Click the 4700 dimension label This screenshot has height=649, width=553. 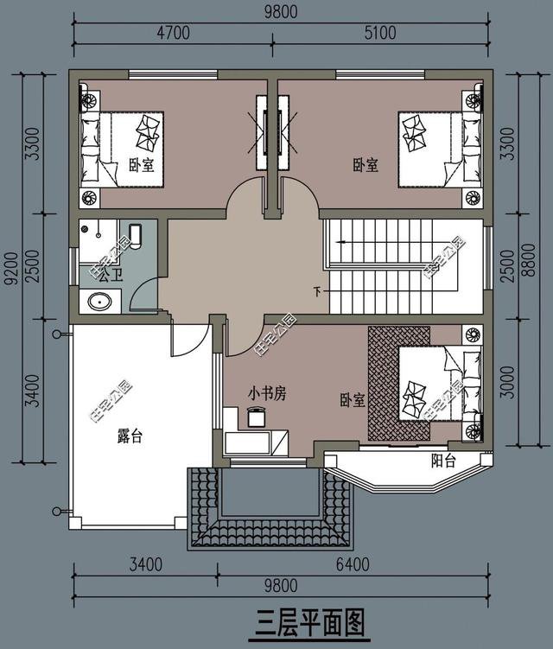(173, 34)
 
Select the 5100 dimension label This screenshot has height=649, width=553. (379, 34)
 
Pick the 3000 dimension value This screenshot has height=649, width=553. (508, 383)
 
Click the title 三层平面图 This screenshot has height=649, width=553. (312, 620)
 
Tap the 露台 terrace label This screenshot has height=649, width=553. (129, 437)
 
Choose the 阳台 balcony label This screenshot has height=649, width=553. (442, 461)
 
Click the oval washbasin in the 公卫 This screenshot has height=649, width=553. (99, 302)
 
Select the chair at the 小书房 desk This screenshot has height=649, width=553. (257, 417)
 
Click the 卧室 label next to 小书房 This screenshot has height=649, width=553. (352, 401)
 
